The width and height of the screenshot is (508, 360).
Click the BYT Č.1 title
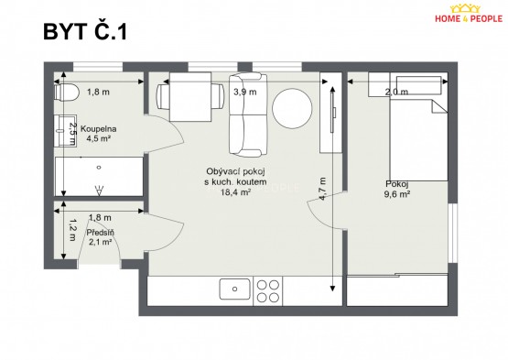85,31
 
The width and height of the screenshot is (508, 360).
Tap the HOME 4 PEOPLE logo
469,14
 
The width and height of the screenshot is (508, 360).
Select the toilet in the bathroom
67,93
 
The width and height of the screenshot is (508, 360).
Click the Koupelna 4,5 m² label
99,134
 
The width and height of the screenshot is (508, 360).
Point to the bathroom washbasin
65,131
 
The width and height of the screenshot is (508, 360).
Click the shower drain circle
99,168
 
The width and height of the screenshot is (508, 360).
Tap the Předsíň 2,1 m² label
100,236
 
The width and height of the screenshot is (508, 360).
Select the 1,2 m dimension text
72,230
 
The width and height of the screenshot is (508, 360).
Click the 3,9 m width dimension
245,93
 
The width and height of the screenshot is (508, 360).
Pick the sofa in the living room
248,115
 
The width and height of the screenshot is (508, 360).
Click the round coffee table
292,109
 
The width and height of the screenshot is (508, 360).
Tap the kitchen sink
235,289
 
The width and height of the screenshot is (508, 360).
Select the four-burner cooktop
268,291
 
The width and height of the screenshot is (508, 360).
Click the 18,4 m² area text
235,192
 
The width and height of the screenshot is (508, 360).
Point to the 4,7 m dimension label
323,189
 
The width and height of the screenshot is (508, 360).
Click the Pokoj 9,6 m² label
397,189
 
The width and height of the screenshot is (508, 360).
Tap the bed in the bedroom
419,140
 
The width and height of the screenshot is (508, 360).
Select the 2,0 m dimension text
396,93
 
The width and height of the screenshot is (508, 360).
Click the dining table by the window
190,97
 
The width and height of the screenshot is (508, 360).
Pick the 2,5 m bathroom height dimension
72,134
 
